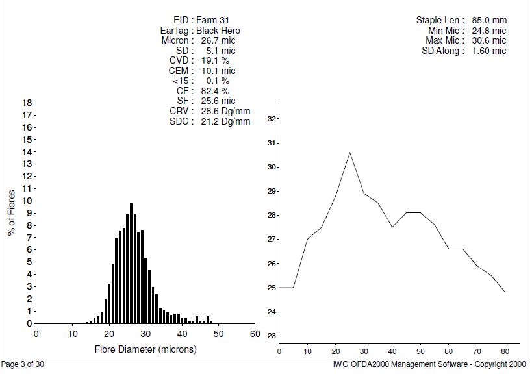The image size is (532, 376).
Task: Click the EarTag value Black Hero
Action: [218, 31]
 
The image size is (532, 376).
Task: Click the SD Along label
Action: [442, 51]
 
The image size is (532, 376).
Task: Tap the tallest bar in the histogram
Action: [131, 263]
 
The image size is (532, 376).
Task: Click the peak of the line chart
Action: [349, 152]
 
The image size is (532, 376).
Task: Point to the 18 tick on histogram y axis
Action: [27, 103]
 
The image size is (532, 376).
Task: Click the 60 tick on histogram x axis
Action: [255, 334]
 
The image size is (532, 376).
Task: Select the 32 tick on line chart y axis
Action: [272, 119]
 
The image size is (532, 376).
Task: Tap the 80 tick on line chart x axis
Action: [505, 351]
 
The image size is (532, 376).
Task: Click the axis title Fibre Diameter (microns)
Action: [146, 349]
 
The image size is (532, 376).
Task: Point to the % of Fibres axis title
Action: [12, 212]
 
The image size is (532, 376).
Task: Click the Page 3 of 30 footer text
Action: [23, 364]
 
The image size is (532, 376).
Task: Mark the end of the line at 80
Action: [505, 292]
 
